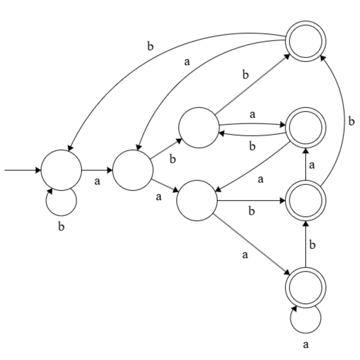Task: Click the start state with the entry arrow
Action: tap(61, 171)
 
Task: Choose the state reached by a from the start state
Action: tap(133, 171)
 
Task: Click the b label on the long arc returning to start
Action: tap(150, 47)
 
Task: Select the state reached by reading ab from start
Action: tap(198, 128)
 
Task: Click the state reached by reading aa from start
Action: tap(197, 201)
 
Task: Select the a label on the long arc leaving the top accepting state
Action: tap(187, 62)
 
